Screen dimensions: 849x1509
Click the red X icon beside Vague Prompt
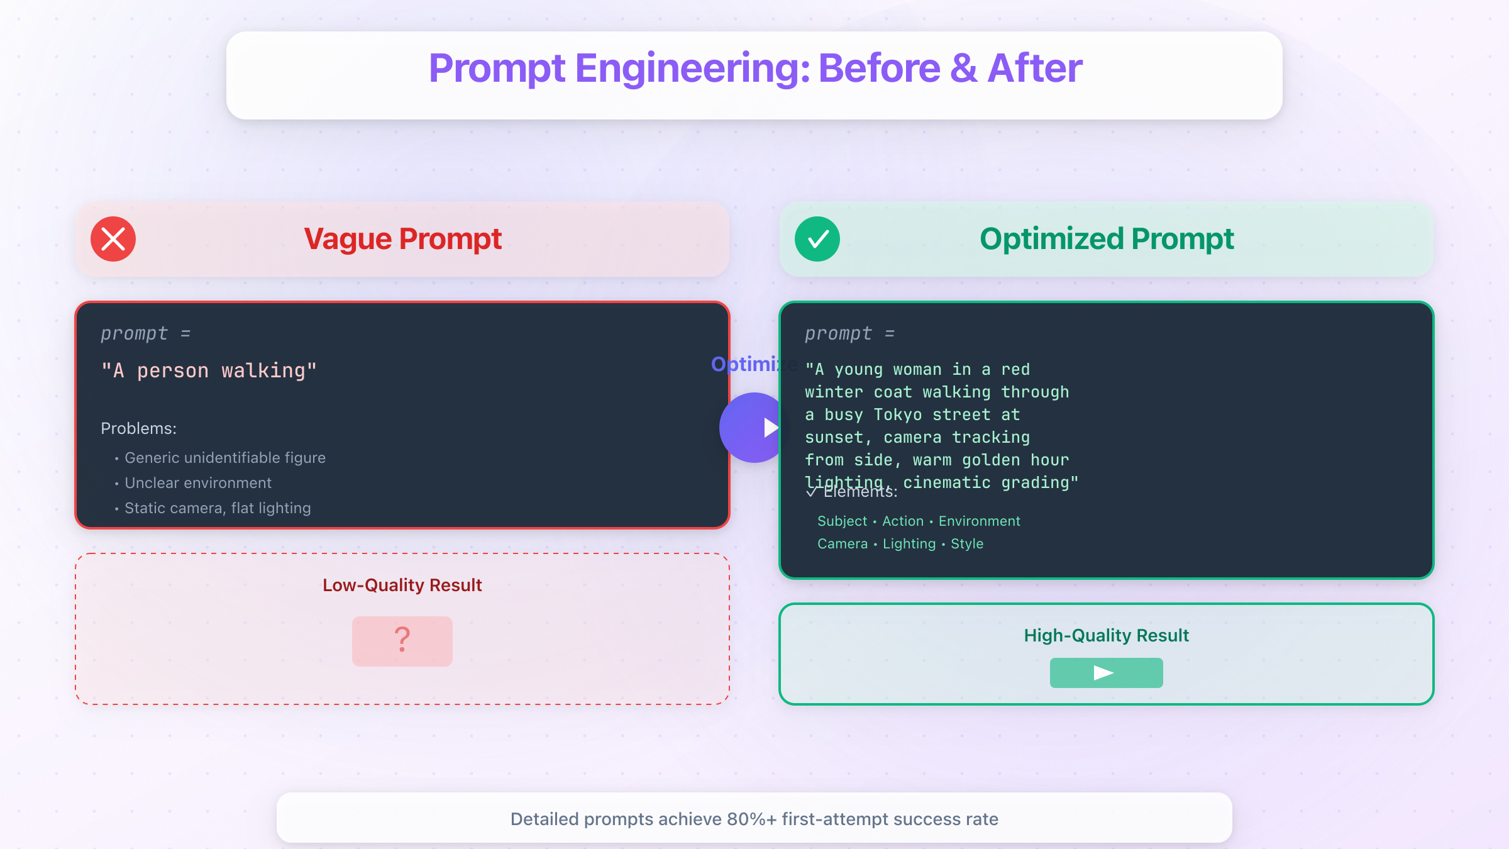click(x=113, y=239)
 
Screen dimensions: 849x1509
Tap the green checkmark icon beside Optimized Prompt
click(x=817, y=239)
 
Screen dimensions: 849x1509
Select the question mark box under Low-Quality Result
click(x=402, y=641)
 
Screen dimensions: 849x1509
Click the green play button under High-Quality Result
click(x=1106, y=673)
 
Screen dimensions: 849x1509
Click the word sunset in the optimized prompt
click(x=835, y=438)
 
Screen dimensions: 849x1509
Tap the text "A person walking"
click(x=209, y=371)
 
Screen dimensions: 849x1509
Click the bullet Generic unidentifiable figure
click(x=224, y=458)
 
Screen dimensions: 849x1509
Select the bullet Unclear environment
click(x=197, y=483)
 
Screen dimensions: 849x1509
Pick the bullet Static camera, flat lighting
click(x=218, y=508)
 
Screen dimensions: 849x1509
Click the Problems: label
click(x=138, y=428)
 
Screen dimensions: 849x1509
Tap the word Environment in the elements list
click(x=979, y=521)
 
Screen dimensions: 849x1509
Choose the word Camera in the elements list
click(x=843, y=544)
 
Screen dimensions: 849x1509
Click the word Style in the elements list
click(x=967, y=544)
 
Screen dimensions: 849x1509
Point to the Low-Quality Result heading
click(x=402, y=585)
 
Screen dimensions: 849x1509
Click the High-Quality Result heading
click(x=1106, y=636)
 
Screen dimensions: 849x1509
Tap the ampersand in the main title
click(x=964, y=69)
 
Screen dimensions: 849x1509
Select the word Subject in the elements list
click(x=842, y=521)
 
